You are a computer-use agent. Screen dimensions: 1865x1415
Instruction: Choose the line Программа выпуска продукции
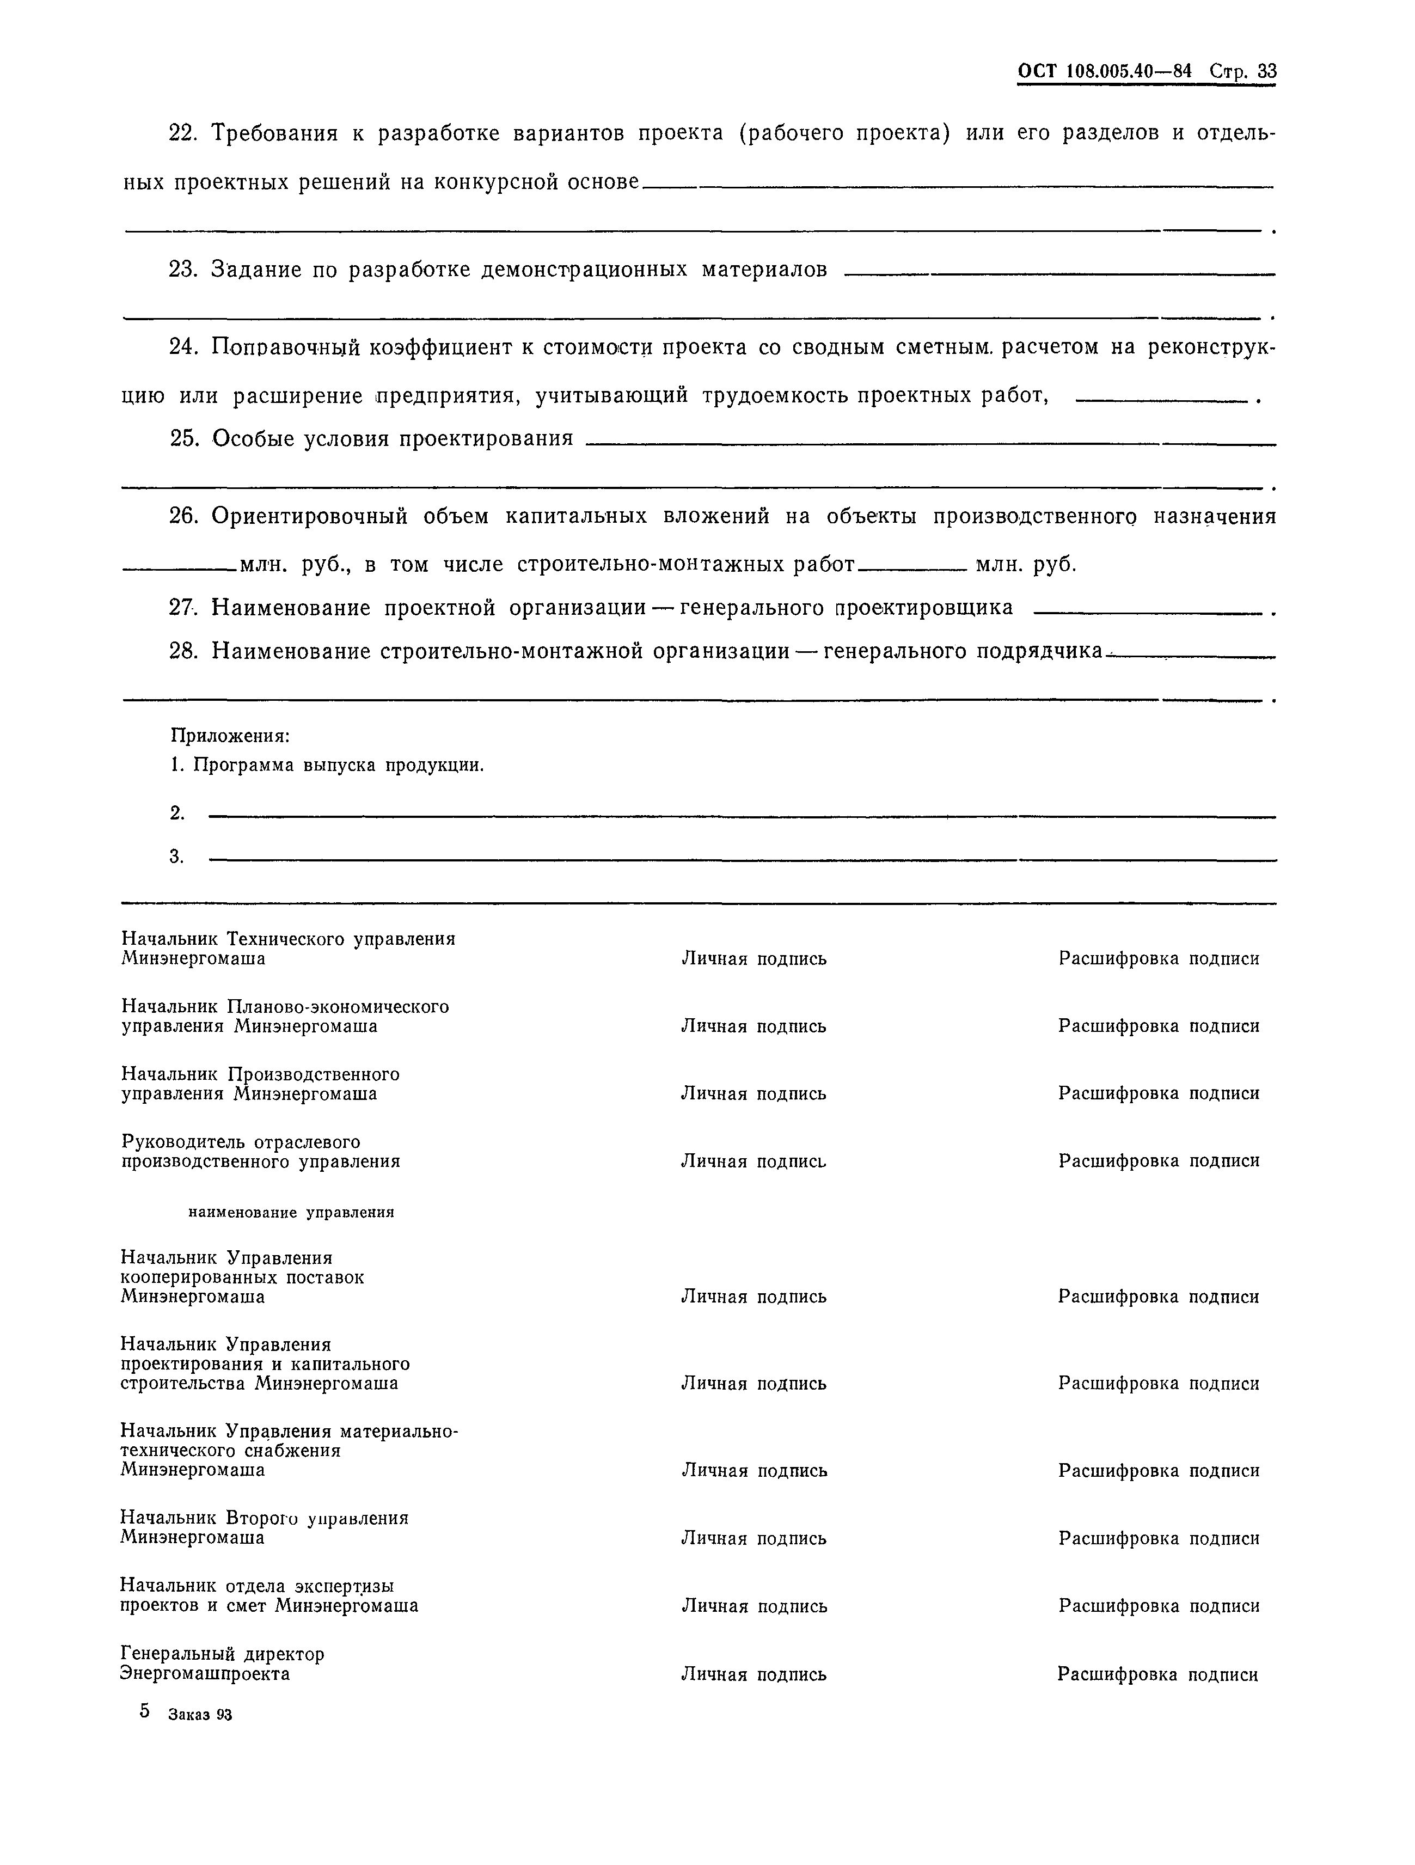[338, 766]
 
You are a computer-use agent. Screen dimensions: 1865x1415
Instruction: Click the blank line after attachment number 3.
[742, 860]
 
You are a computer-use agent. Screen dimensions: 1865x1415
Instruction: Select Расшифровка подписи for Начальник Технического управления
[1159, 958]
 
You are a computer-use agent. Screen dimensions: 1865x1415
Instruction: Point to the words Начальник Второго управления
[264, 1519]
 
